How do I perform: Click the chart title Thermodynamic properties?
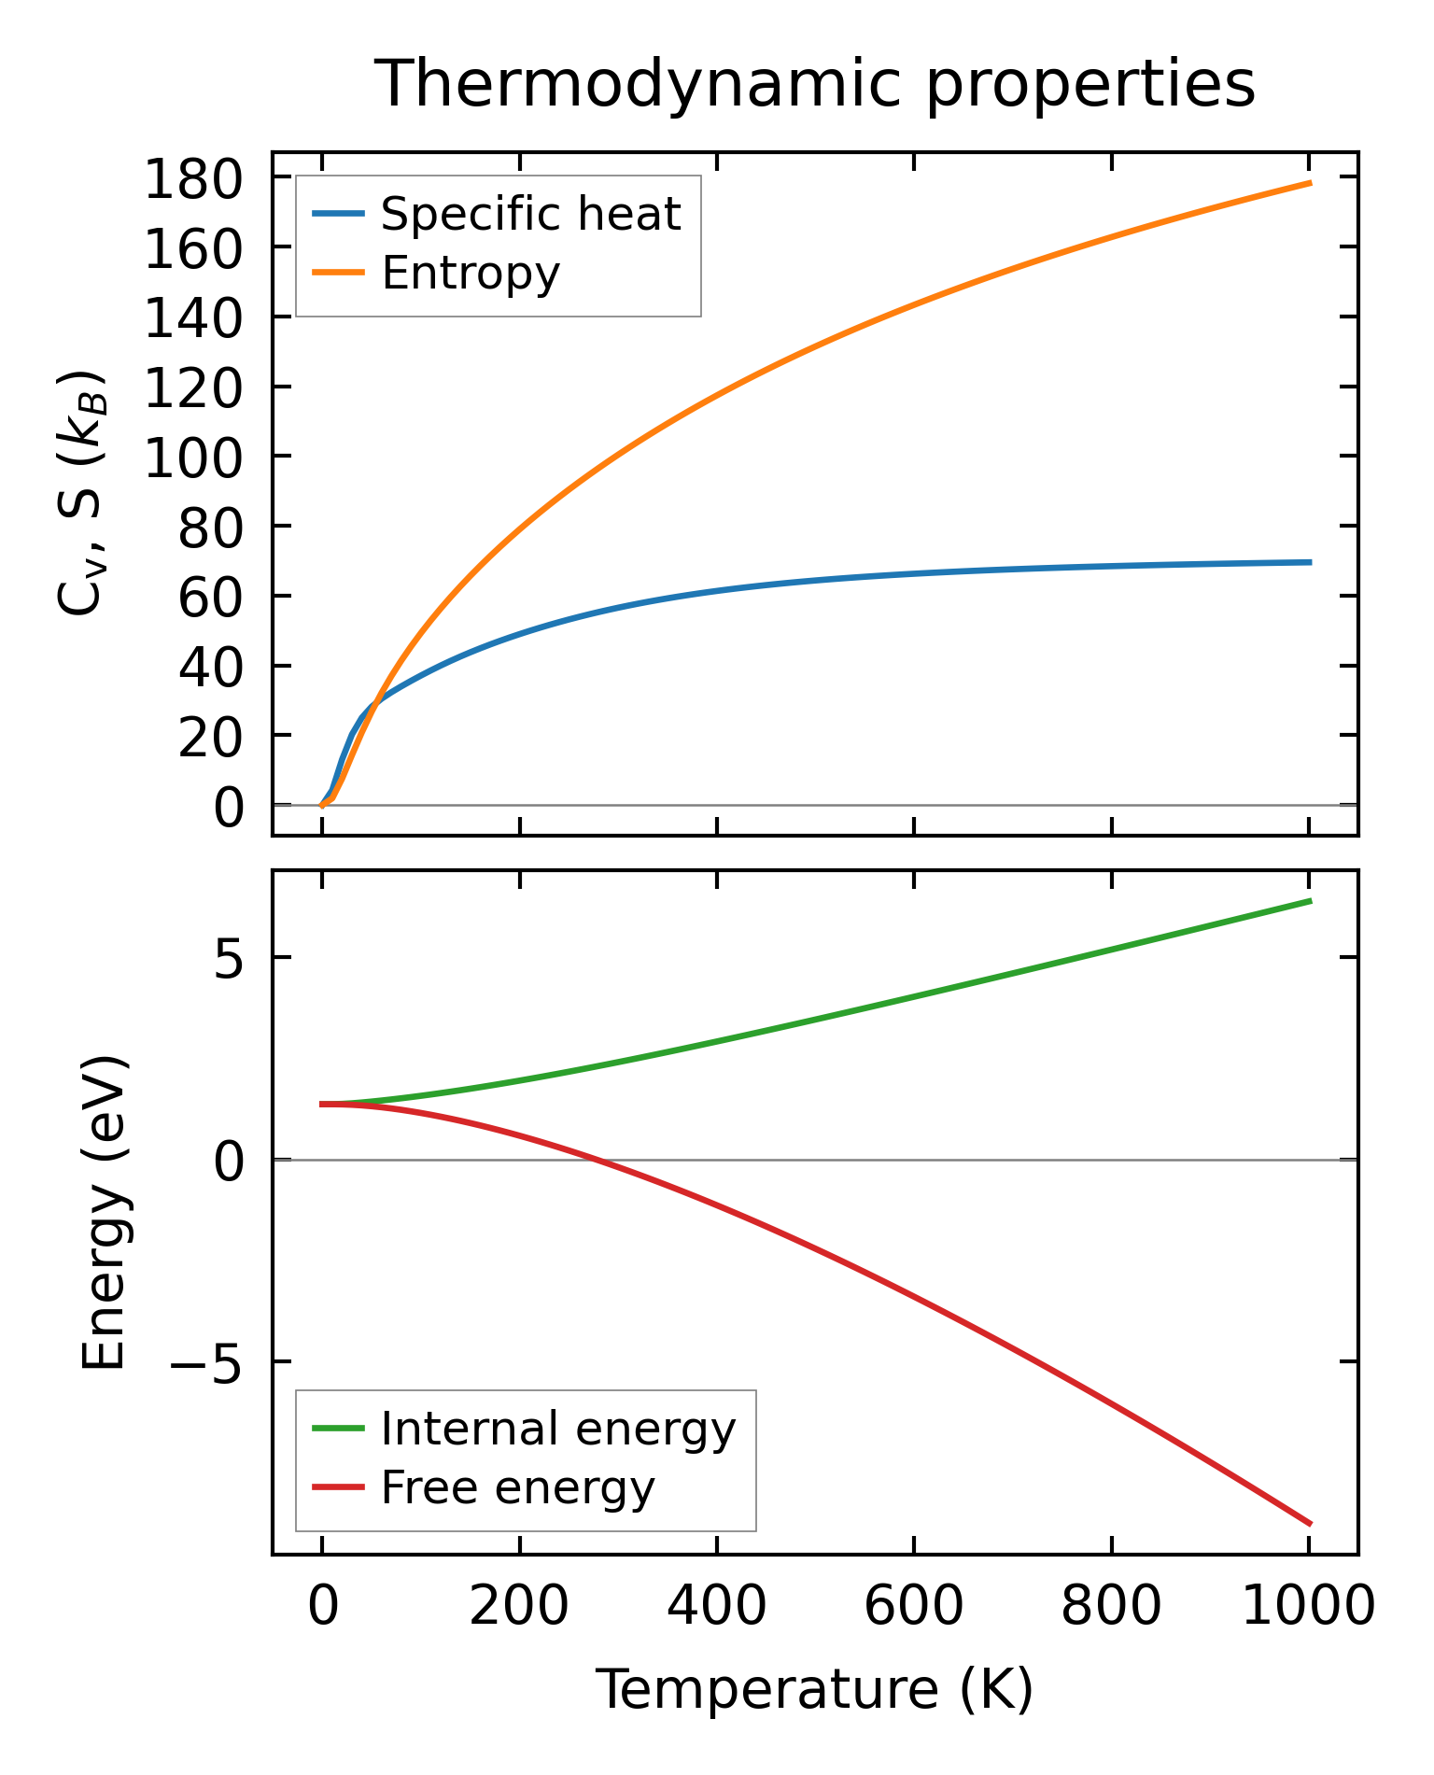814,84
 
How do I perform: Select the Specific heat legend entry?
530,214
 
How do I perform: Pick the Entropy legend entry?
471,273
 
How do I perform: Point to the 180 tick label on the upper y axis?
193,179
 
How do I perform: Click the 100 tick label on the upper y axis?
193,458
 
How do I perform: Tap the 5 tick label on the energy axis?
229,959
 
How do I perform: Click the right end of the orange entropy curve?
1310,183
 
